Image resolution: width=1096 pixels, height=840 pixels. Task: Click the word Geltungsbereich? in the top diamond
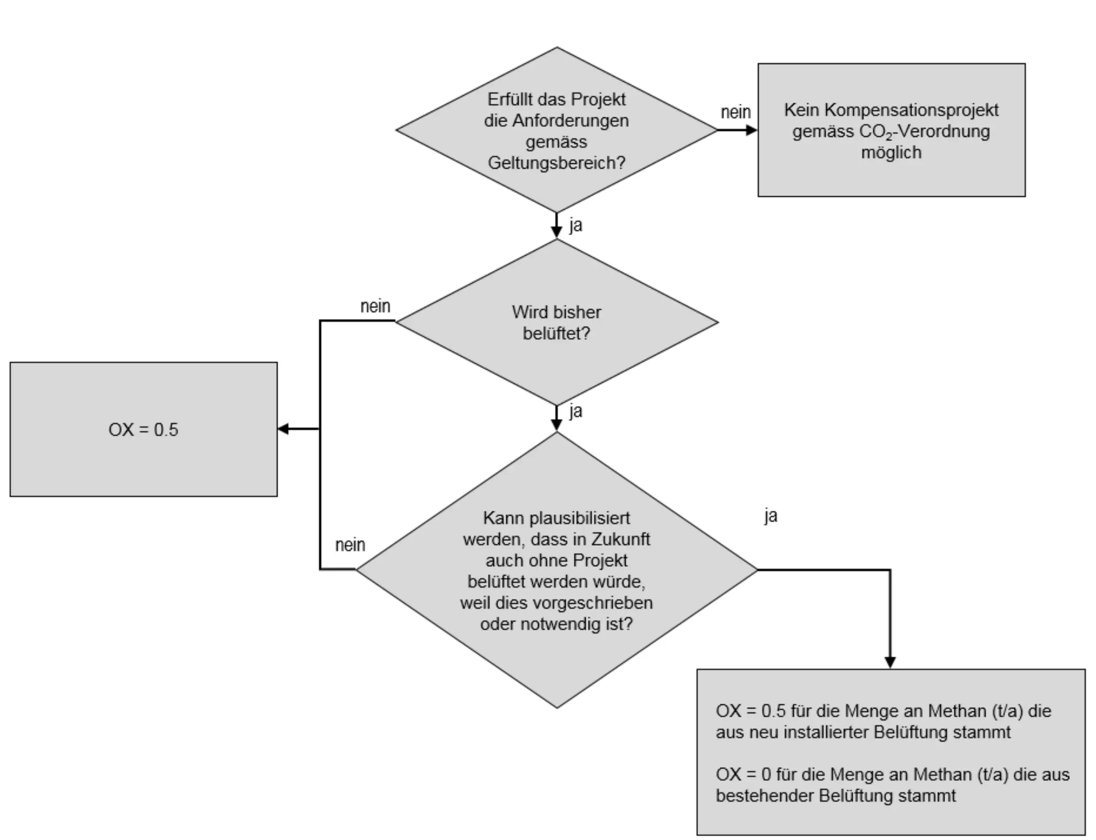click(557, 163)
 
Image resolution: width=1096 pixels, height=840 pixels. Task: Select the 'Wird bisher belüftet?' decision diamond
click(557, 322)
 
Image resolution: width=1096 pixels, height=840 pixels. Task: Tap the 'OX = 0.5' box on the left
click(144, 430)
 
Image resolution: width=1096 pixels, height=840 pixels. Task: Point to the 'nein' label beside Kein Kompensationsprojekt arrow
click(735, 112)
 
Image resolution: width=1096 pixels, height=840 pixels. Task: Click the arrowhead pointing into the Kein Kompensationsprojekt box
click(752, 130)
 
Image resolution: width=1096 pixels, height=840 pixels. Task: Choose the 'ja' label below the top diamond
click(575, 225)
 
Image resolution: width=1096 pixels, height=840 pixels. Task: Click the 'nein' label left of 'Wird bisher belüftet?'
click(375, 306)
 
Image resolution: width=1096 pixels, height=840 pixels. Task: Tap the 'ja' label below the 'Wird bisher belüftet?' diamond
click(575, 411)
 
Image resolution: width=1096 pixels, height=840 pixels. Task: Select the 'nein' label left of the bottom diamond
click(350, 545)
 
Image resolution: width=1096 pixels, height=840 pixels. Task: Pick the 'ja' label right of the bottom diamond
click(771, 515)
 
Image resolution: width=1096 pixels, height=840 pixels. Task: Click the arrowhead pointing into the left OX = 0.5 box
click(283, 429)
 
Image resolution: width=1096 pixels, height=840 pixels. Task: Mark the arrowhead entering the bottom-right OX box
click(890, 663)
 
